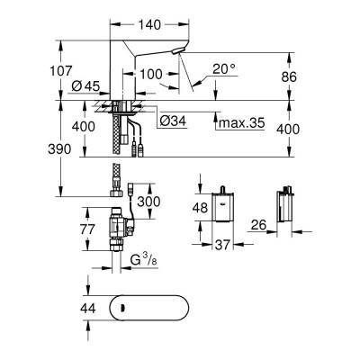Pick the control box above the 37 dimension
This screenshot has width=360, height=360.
(221, 206)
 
